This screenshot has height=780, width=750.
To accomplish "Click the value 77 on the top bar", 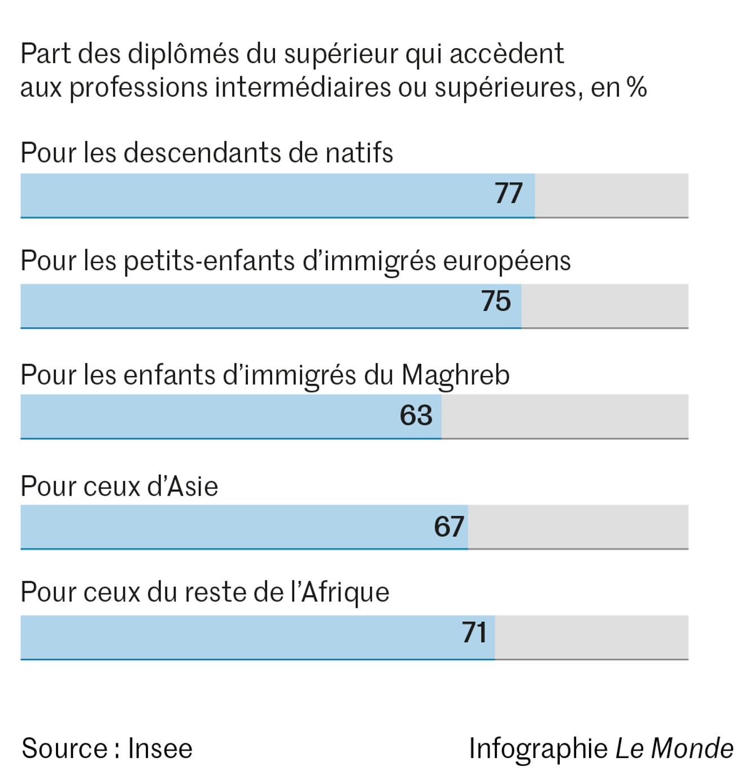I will pyautogui.click(x=508, y=193).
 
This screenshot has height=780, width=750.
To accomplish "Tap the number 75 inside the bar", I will pyautogui.click(x=496, y=301).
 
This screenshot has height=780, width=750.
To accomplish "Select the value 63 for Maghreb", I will pyautogui.click(x=416, y=415).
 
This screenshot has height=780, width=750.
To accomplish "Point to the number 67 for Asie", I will pyautogui.click(x=449, y=526).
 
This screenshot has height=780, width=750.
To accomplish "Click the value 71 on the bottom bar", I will pyautogui.click(x=474, y=632).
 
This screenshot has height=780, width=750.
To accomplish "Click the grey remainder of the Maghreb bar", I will pyautogui.click(x=565, y=416).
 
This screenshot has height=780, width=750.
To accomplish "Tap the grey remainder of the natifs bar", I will pyautogui.click(x=611, y=195).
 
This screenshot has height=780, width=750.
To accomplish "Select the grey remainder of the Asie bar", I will pyautogui.click(x=578, y=526).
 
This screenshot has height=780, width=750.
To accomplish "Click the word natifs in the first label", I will pyautogui.click(x=359, y=153).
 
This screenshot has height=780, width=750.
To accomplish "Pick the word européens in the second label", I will pyautogui.click(x=507, y=262).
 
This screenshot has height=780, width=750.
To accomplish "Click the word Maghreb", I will pyautogui.click(x=455, y=375).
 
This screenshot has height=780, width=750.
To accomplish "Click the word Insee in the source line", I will pyautogui.click(x=160, y=749).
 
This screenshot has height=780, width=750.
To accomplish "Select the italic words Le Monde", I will pyautogui.click(x=674, y=749).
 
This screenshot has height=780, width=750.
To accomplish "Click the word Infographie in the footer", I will pyautogui.click(x=538, y=749).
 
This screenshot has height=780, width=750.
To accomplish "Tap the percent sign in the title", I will pyautogui.click(x=636, y=88).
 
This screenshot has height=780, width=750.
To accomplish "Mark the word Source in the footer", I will pyautogui.click(x=64, y=749).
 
